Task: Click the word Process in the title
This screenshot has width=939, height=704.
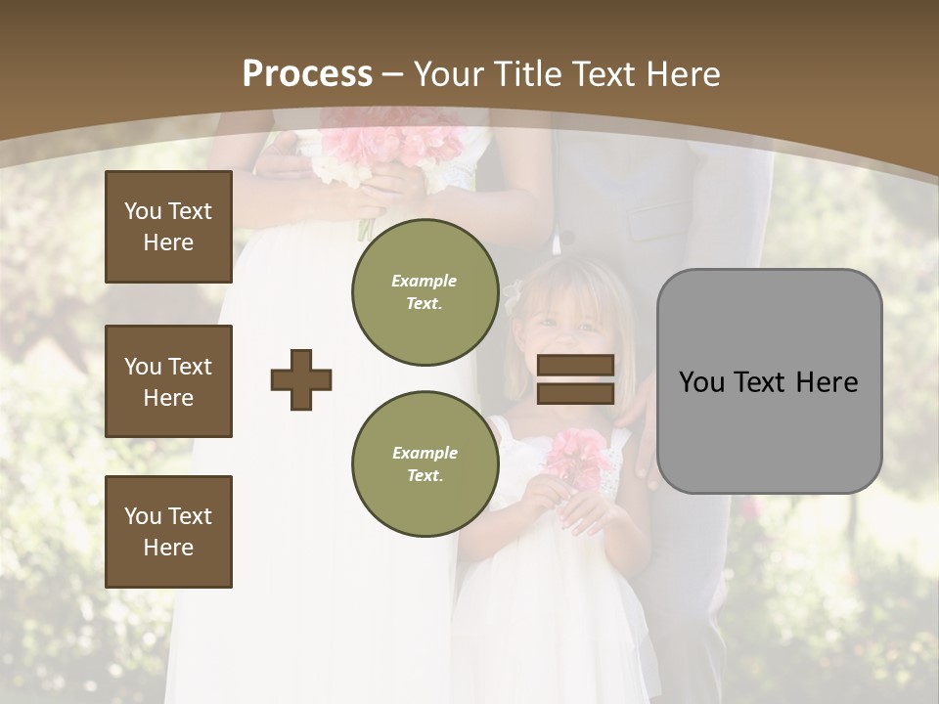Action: click(307, 74)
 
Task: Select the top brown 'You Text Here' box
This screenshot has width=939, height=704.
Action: click(168, 227)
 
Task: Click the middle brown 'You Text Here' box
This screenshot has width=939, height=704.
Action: click(168, 381)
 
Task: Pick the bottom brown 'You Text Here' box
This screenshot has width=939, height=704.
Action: click(168, 532)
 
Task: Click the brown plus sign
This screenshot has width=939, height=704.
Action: click(301, 379)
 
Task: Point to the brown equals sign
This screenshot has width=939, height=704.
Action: click(575, 379)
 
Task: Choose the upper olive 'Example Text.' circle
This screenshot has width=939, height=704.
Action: click(425, 292)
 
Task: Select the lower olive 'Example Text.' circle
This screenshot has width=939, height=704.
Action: click(425, 464)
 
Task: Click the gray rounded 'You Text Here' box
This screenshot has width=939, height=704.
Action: click(769, 381)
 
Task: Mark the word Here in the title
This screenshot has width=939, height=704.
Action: click(685, 74)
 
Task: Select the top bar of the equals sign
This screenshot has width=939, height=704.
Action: click(575, 366)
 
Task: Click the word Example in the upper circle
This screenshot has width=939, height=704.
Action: click(425, 282)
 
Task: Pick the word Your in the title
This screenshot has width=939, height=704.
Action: click(450, 74)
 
